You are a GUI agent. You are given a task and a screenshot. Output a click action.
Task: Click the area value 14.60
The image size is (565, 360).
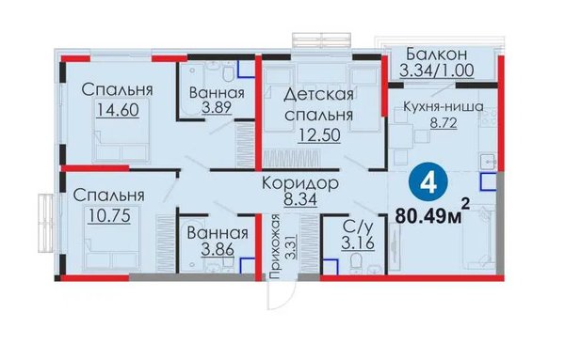pyautogui.click(x=118, y=109)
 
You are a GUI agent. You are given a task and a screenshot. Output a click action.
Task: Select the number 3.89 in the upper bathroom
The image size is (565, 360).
pyautogui.click(x=217, y=107)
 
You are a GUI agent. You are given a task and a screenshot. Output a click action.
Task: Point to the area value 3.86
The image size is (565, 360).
pyautogui.click(x=218, y=248)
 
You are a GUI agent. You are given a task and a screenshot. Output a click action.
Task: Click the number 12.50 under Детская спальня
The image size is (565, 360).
pyautogui.click(x=319, y=134)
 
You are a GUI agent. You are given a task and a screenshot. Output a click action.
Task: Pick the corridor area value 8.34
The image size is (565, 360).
pyautogui.click(x=300, y=199)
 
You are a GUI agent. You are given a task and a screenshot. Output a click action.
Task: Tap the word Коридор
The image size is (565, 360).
pyautogui.click(x=300, y=183)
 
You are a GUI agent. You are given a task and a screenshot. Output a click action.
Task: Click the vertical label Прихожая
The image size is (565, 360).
pyautogui.click(x=275, y=247)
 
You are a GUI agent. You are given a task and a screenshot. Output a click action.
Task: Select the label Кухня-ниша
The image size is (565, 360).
pyautogui.click(x=444, y=107)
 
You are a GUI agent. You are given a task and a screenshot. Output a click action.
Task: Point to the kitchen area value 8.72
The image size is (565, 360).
pyautogui.click(x=444, y=123)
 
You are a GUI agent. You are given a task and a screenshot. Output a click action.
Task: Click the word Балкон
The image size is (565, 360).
pyautogui.click(x=436, y=54)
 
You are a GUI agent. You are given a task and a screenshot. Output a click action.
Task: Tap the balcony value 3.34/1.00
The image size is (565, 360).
pyautogui.click(x=436, y=70)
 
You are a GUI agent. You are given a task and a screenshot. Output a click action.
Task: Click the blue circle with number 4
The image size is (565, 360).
pyautogui.click(x=428, y=183)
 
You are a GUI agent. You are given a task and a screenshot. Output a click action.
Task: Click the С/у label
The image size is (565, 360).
pyautogui.click(x=358, y=227)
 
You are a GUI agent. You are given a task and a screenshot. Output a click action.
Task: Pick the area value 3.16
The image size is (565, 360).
pyautogui.click(x=358, y=243)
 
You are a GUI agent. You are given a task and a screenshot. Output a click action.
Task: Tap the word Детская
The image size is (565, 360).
pyautogui.click(x=318, y=95)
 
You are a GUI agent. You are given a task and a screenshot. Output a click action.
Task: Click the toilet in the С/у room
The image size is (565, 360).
pyautogui.click(x=356, y=262)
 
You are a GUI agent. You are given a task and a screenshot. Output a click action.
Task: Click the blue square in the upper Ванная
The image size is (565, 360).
pyautogui.click(x=247, y=70)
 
